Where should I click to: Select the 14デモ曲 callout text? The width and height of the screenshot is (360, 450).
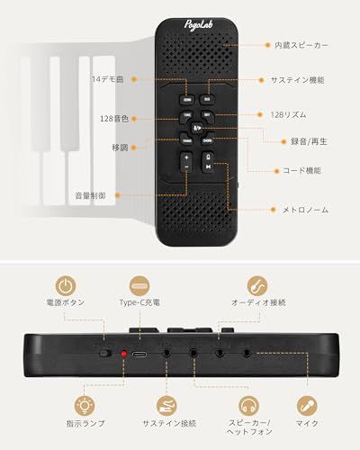pyautogui.click(x=107, y=80)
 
